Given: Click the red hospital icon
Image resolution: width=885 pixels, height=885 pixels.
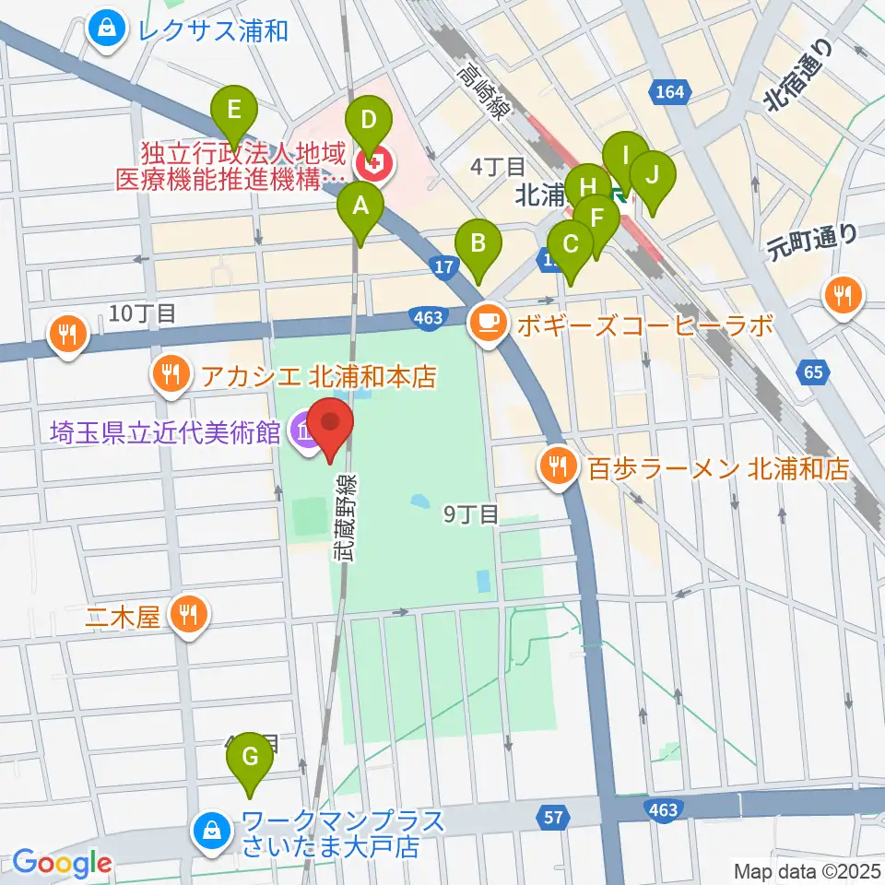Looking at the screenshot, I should point(375,165).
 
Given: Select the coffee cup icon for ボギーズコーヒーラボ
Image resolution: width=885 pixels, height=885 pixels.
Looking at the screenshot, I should point(485,323).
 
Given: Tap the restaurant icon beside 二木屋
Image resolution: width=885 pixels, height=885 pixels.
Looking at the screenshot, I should point(190,613).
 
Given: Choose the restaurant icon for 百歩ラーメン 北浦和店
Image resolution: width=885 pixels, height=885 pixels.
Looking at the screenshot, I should point(558,468).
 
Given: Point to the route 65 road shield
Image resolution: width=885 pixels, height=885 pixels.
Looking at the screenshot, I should point(811,372).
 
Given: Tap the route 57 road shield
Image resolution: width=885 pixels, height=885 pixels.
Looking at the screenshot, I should point(553,816).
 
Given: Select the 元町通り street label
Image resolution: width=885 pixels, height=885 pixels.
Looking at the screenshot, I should point(811,242).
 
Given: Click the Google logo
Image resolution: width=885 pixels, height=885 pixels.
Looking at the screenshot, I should point(62,863).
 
